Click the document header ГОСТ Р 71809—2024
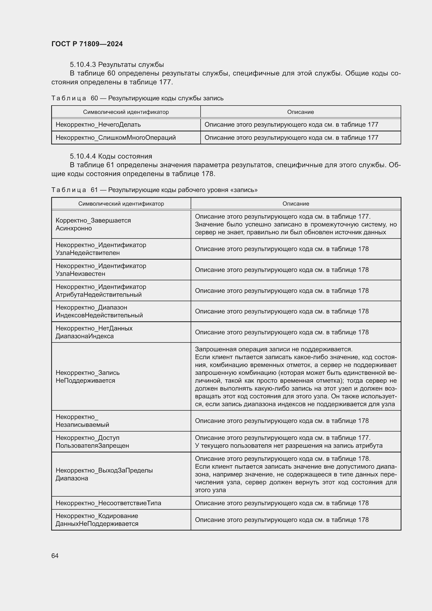click(x=87, y=44)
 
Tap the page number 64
click(x=55, y=556)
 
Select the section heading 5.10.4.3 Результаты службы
click(x=117, y=65)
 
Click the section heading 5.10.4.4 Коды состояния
click(x=111, y=156)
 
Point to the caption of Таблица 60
click(x=137, y=98)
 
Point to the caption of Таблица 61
click(x=154, y=190)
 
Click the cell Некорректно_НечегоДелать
click(x=98, y=125)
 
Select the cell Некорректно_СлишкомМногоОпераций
click(x=116, y=138)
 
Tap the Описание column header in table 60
click(x=300, y=112)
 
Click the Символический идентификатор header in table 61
click(x=121, y=203)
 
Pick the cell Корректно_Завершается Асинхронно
click(x=93, y=224)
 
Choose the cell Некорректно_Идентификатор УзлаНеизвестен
click(x=101, y=270)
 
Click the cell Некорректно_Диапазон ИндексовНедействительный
click(x=99, y=311)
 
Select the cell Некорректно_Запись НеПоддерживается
click(x=87, y=377)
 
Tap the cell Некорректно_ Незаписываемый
click(x=82, y=421)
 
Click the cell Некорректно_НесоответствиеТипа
click(x=108, y=503)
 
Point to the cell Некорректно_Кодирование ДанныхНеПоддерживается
click(x=97, y=520)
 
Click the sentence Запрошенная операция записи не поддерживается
click(x=273, y=349)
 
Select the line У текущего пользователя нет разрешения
click(x=289, y=445)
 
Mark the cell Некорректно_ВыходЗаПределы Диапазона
click(x=104, y=474)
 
